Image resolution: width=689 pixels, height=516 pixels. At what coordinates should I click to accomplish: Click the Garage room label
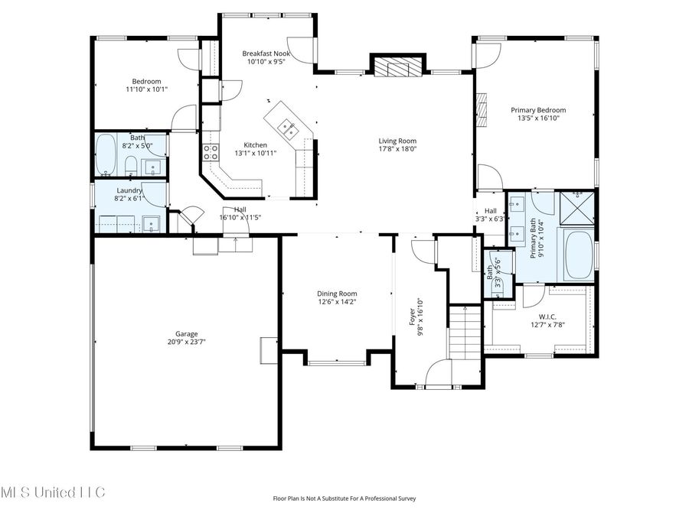pyautogui.click(x=187, y=334)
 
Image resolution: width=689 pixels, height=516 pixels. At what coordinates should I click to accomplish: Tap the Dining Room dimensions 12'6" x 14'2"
pyautogui.click(x=338, y=302)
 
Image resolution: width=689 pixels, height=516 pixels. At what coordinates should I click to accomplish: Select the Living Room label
pyautogui.click(x=397, y=141)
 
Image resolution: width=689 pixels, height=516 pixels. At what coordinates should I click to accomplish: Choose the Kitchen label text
pyautogui.click(x=256, y=144)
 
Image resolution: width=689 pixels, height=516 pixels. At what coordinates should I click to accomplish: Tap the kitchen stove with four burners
pyautogui.click(x=211, y=151)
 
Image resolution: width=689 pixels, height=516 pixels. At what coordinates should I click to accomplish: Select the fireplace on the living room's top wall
pyautogui.click(x=397, y=67)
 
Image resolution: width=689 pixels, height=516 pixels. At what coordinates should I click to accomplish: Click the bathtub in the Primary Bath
pyautogui.click(x=578, y=255)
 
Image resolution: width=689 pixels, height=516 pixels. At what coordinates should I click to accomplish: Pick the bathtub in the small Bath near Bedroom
pyautogui.click(x=106, y=156)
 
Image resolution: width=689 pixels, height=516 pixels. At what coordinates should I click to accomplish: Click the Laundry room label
pyautogui.click(x=129, y=190)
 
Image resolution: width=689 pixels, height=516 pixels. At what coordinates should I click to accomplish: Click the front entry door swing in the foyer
pyautogui.click(x=439, y=374)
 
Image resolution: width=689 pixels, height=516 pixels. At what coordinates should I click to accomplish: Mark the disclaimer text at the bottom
pyautogui.click(x=344, y=498)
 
